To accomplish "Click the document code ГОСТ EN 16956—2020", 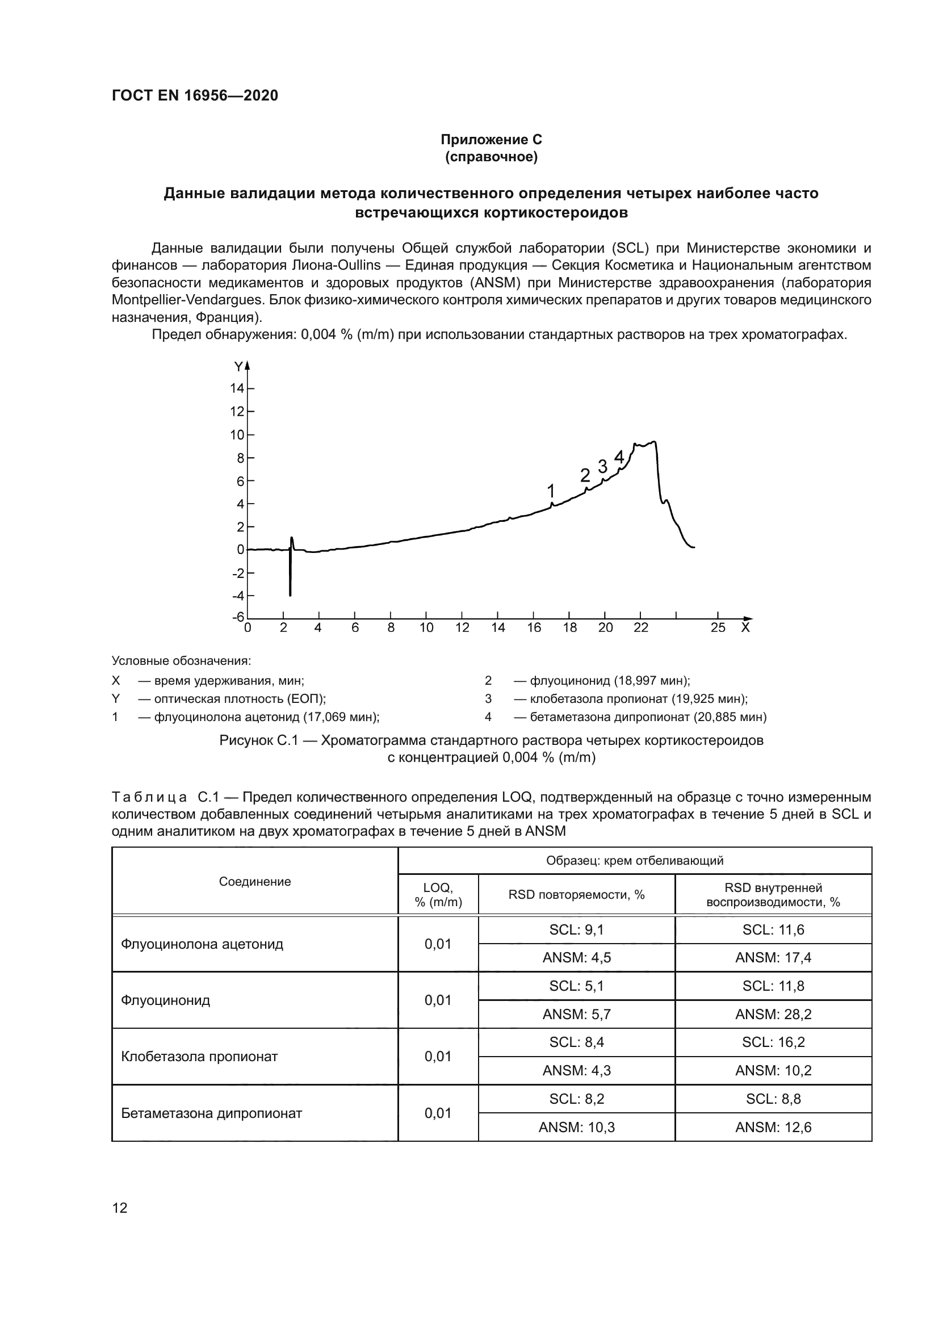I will click(195, 95).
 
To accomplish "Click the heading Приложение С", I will click(491, 140).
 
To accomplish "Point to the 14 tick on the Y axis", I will click(238, 388).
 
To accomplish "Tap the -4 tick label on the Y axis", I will click(238, 596).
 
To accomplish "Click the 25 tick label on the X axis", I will click(718, 628).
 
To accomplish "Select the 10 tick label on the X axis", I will click(426, 628).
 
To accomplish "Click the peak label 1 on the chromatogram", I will click(551, 491).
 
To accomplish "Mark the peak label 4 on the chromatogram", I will click(619, 457).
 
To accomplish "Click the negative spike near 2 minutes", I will click(290, 579).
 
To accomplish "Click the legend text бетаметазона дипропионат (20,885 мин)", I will click(648, 717).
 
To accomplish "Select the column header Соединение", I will click(255, 882).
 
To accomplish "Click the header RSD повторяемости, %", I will click(576, 895).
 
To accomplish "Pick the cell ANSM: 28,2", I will click(773, 1014).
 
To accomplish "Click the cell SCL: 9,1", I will click(576, 929).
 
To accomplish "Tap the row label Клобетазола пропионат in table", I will click(199, 1056).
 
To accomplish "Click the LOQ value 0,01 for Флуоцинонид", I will click(438, 1000).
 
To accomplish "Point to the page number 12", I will click(120, 1208).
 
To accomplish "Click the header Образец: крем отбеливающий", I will click(634, 861).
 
